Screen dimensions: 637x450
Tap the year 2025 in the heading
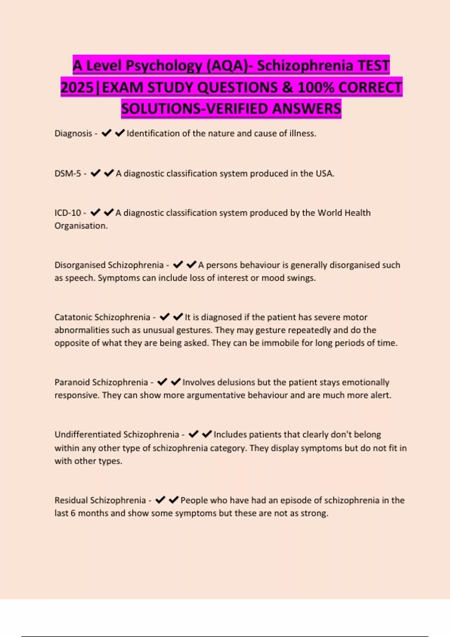coord(77,88)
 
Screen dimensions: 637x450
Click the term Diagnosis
coord(73,133)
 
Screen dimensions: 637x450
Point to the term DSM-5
coord(67,173)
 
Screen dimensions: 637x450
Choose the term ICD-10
coord(67,213)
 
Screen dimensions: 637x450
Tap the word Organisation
coord(81,226)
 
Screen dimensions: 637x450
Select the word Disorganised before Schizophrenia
coord(80,265)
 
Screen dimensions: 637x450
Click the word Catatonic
coord(73,317)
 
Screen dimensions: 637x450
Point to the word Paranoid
coord(72,382)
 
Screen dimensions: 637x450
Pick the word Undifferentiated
coord(88,435)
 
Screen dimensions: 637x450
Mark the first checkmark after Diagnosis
coord(106,133)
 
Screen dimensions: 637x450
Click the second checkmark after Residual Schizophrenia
coord(174,500)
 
